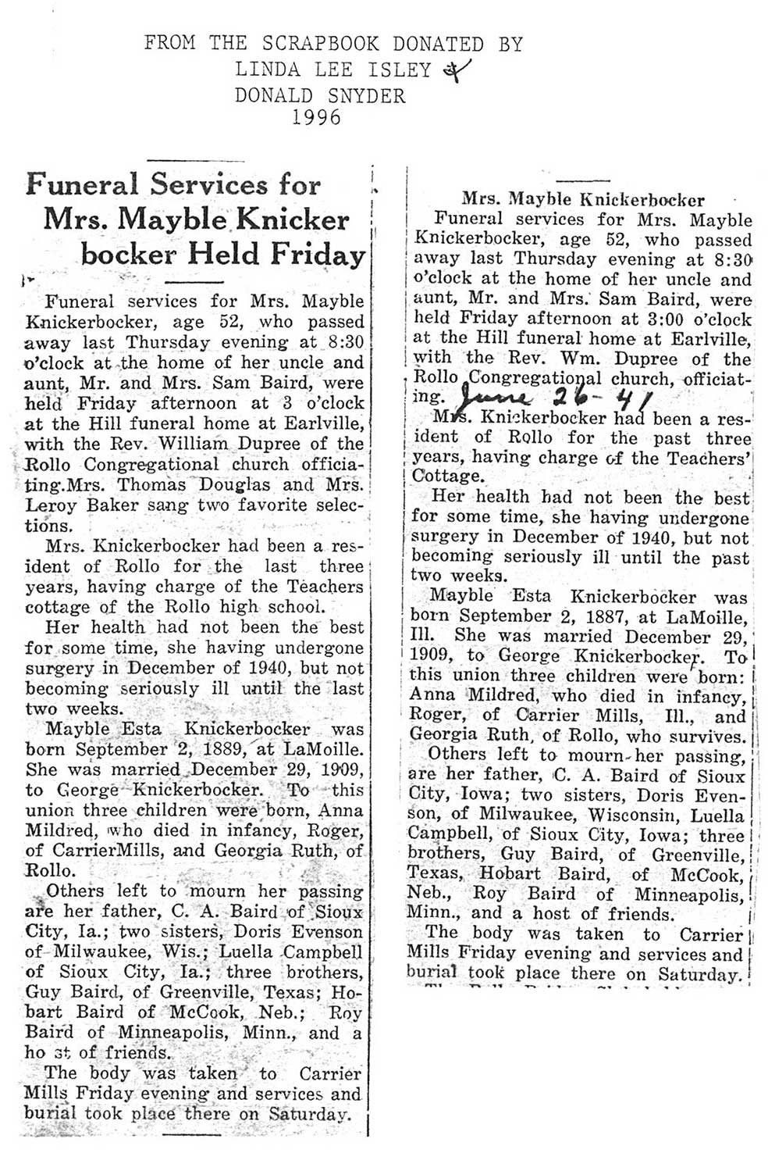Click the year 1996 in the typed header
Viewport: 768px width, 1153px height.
(317, 118)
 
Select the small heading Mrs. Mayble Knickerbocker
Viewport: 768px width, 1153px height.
(584, 200)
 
